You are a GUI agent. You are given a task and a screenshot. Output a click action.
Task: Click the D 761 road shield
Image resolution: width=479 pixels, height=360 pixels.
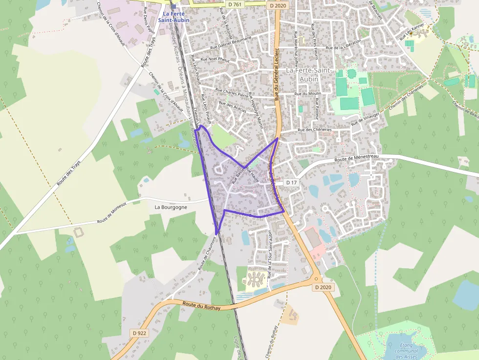tap(235, 4)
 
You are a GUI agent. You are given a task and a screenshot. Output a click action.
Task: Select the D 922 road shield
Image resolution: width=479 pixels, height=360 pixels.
tap(139, 333)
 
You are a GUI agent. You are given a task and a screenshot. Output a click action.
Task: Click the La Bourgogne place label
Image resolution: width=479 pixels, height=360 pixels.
tap(171, 207)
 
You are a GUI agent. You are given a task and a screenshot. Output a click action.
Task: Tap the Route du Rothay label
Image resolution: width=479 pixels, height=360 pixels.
tap(201, 305)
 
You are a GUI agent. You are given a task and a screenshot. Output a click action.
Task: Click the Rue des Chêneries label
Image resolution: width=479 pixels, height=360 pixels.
tap(314, 130)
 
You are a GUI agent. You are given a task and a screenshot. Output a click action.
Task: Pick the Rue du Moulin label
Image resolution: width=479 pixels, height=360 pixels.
tap(307, 93)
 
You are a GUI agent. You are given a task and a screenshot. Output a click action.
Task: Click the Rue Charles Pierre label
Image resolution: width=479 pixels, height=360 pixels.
tap(232, 92)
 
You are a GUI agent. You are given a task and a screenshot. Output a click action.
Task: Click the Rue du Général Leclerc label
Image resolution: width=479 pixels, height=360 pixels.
tap(277, 73)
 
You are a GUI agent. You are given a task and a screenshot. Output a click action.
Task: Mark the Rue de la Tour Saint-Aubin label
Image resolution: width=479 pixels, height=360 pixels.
tap(269, 254)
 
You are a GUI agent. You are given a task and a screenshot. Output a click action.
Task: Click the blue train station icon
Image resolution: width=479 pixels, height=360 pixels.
tap(173, 7)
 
